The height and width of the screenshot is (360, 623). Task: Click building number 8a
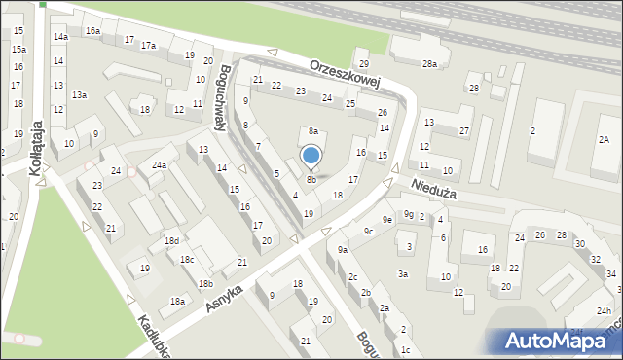[x=313, y=130]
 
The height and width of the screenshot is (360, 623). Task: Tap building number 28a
[x=429, y=63]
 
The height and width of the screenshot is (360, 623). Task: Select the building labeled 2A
[x=604, y=141]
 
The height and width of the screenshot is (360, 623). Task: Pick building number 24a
[x=158, y=165]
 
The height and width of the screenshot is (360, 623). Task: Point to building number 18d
[x=171, y=240]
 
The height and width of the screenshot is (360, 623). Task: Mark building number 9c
[x=368, y=231]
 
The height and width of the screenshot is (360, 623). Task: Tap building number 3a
[x=402, y=274]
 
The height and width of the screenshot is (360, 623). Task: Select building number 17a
[x=148, y=46]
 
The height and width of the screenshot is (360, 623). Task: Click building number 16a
[x=92, y=31]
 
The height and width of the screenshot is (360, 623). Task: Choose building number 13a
[x=79, y=94]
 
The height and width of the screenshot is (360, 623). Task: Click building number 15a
[x=18, y=49]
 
